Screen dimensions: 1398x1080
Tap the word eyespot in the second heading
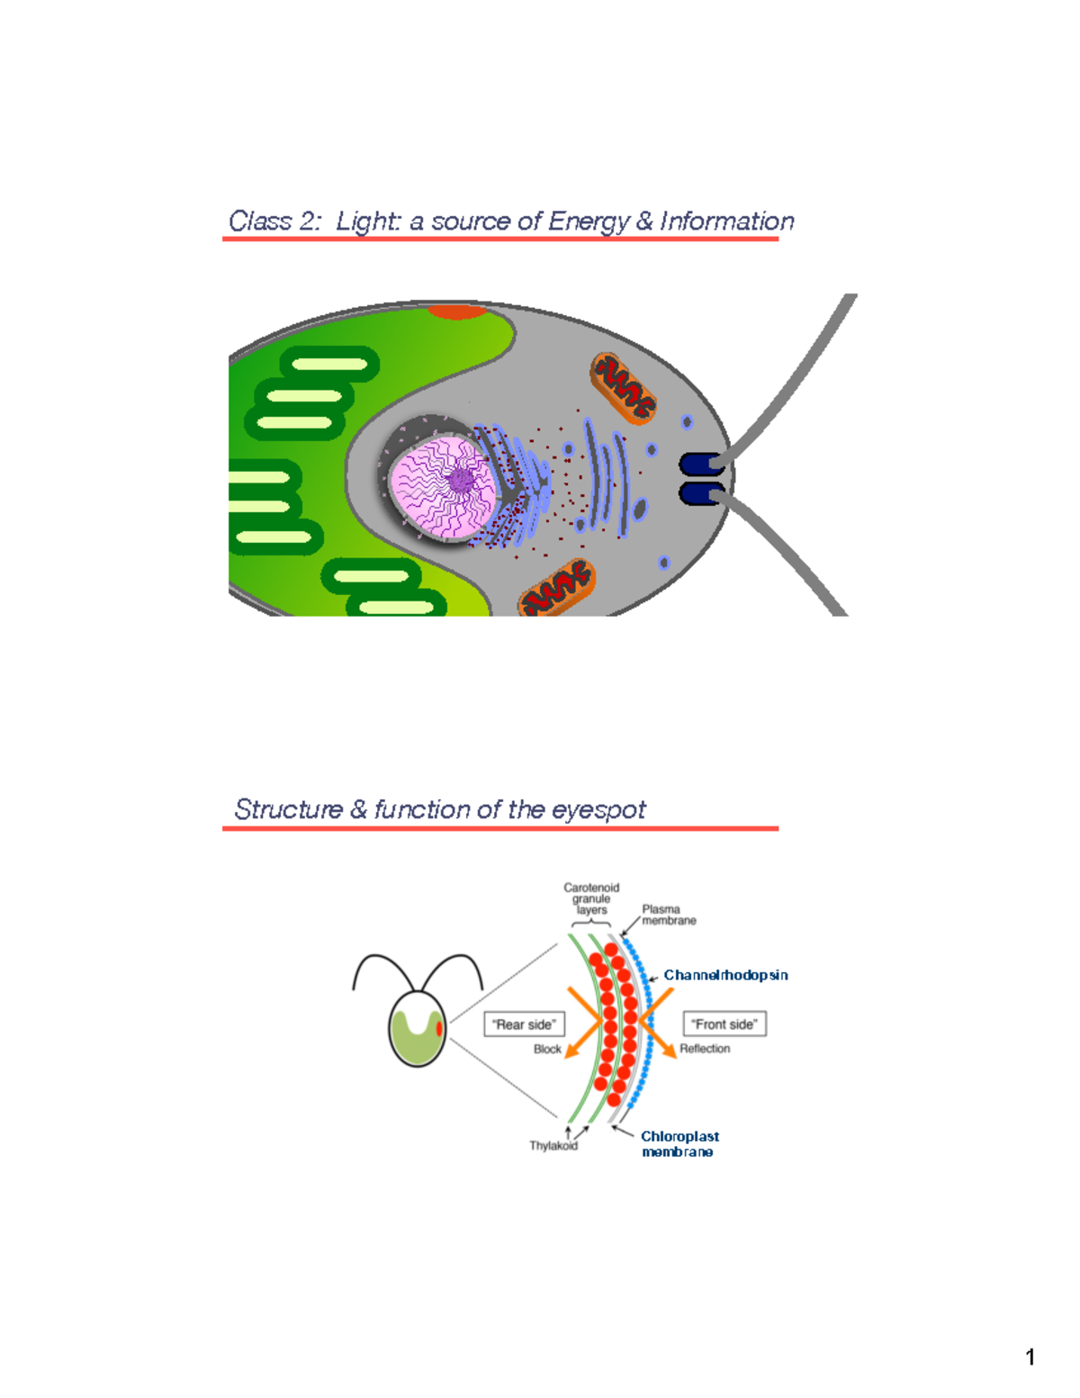tap(598, 810)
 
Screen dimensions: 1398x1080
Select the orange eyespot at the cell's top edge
tap(456, 312)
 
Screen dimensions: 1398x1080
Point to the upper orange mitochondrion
tap(623, 388)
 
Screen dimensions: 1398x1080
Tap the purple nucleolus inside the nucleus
tap(461, 480)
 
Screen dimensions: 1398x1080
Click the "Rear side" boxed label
tap(524, 1024)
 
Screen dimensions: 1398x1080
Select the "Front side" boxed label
tap(724, 1024)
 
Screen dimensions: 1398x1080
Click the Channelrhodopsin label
tap(725, 975)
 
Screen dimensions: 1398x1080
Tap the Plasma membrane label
tap(668, 915)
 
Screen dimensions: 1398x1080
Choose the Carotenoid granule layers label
tap(591, 898)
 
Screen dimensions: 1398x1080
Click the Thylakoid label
tap(553, 1146)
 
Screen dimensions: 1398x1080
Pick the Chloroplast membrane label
tap(679, 1144)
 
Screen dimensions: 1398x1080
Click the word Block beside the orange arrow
tap(547, 1050)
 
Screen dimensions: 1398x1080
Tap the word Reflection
tap(705, 1049)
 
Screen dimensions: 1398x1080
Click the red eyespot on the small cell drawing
tap(439, 1028)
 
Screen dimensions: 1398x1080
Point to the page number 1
tap(1030, 1357)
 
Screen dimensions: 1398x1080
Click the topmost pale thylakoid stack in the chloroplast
tap(330, 365)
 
